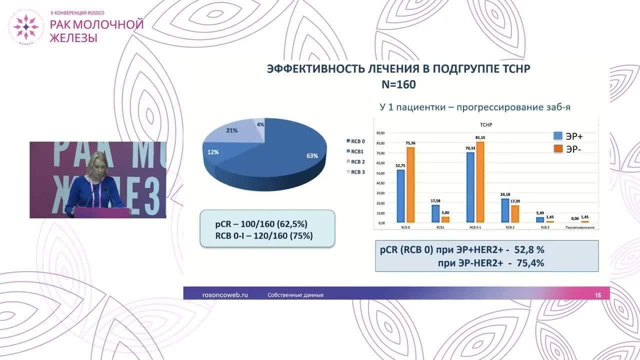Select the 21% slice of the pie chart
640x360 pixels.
(x=232, y=131)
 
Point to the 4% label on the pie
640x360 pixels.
(x=260, y=124)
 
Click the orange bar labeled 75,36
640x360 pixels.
(x=410, y=185)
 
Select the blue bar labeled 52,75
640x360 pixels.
(x=401, y=196)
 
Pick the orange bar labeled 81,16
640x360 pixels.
(x=480, y=182)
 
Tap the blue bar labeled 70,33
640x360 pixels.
(x=470, y=187)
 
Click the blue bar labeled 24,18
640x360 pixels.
(x=505, y=210)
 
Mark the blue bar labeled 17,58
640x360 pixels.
(x=436, y=214)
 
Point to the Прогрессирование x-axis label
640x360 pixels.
(x=579, y=227)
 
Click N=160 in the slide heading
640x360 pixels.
(x=398, y=85)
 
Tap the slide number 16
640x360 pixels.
(x=598, y=295)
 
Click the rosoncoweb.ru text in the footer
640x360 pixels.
(x=224, y=295)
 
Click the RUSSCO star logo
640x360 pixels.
(x=25, y=26)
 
